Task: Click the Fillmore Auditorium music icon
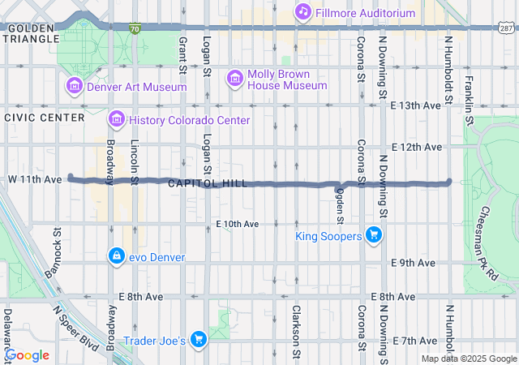click(302, 12)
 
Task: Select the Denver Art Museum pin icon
click(75, 85)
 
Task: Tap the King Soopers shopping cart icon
click(373, 236)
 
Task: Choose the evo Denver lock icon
click(117, 256)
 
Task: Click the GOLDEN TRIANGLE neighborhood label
click(31, 34)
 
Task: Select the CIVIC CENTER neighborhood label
click(45, 118)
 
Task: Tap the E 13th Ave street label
click(416, 105)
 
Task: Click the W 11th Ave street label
click(35, 178)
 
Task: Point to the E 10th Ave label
click(237, 223)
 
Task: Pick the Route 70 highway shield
click(135, 28)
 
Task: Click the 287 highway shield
click(504, 28)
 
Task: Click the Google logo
click(27, 355)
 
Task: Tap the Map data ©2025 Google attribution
click(469, 359)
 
